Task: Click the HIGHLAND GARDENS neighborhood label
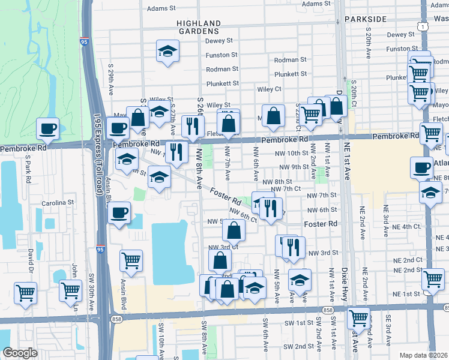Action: tap(198, 26)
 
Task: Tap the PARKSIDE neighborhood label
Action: tap(366, 19)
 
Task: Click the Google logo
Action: tap(20, 353)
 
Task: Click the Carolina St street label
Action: tap(58, 203)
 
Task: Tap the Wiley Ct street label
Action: tap(269, 89)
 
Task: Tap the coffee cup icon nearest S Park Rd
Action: tap(47, 128)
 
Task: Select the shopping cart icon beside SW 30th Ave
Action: tap(71, 290)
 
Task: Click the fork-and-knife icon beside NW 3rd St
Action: tap(294, 247)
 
